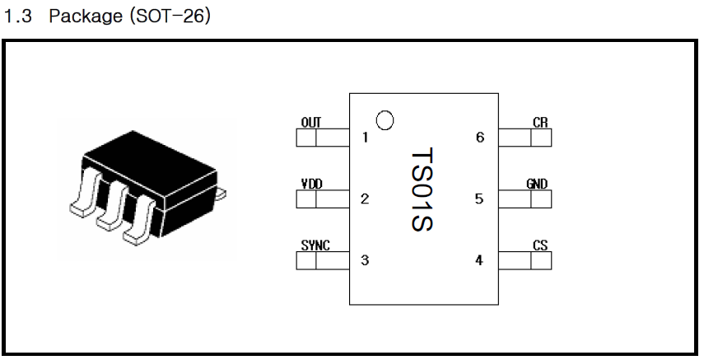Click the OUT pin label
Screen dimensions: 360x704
click(311, 123)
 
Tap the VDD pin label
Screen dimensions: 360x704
click(311, 184)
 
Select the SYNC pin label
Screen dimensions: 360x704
click(315, 245)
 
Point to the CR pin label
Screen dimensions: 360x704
click(540, 123)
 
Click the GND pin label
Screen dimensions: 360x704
click(537, 184)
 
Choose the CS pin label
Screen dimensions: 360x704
click(540, 245)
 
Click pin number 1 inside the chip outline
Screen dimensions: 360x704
click(365, 138)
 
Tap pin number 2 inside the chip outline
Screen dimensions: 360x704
click(365, 199)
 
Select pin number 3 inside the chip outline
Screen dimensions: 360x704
click(365, 260)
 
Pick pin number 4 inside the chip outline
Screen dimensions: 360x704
click(479, 260)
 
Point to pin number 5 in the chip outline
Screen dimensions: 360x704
click(479, 199)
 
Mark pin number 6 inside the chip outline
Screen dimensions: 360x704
click(479, 138)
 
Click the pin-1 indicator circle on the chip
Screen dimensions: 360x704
click(384, 120)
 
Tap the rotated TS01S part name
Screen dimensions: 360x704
click(422, 189)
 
